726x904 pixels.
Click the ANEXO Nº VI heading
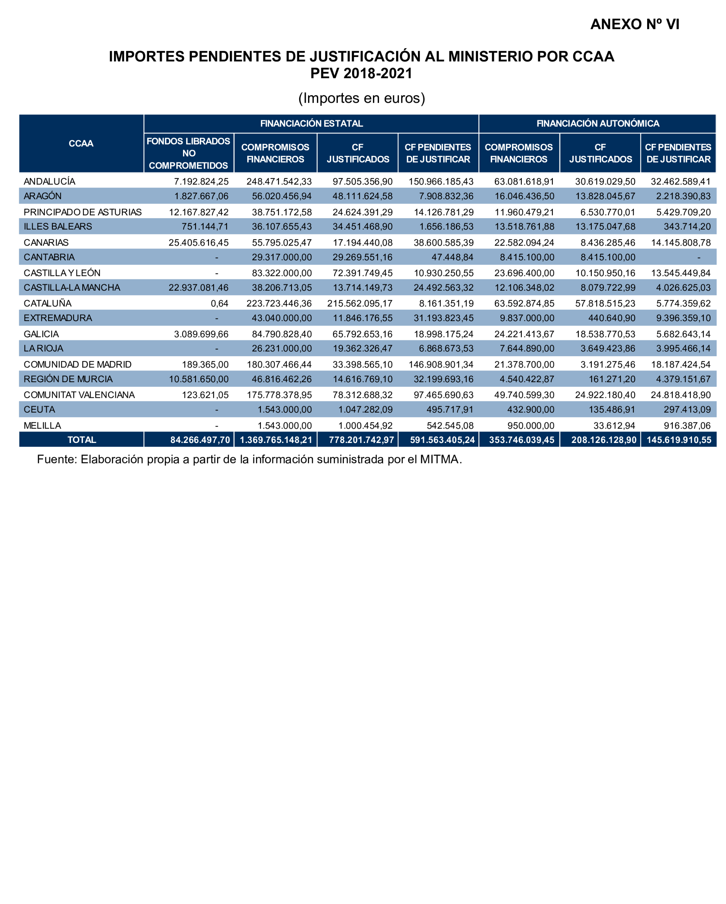pyautogui.click(x=634, y=24)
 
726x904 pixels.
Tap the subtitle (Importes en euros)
pyautogui.click(x=361, y=98)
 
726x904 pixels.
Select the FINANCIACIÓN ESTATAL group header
pyautogui.click(x=311, y=123)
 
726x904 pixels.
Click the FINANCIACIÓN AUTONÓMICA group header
pyautogui.click(x=597, y=123)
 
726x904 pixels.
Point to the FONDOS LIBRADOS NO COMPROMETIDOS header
pyautogui.click(x=188, y=153)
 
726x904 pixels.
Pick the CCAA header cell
pyautogui.click(x=81, y=143)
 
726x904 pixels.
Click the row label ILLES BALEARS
pyautogui.click(x=57, y=226)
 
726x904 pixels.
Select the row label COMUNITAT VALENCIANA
pyautogui.click(x=79, y=394)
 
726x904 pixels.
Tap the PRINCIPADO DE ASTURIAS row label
pyautogui.click(x=83, y=212)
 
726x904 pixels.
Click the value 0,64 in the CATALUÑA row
pyautogui.click(x=219, y=303)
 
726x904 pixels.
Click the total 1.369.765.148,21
pyautogui.click(x=276, y=440)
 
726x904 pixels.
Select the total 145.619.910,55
pyautogui.click(x=679, y=440)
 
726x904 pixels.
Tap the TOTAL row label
pyautogui.click(x=82, y=440)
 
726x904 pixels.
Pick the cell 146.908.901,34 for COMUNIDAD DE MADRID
pyautogui.click(x=441, y=364)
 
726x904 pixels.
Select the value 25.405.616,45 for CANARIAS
pyautogui.click(x=198, y=242)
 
